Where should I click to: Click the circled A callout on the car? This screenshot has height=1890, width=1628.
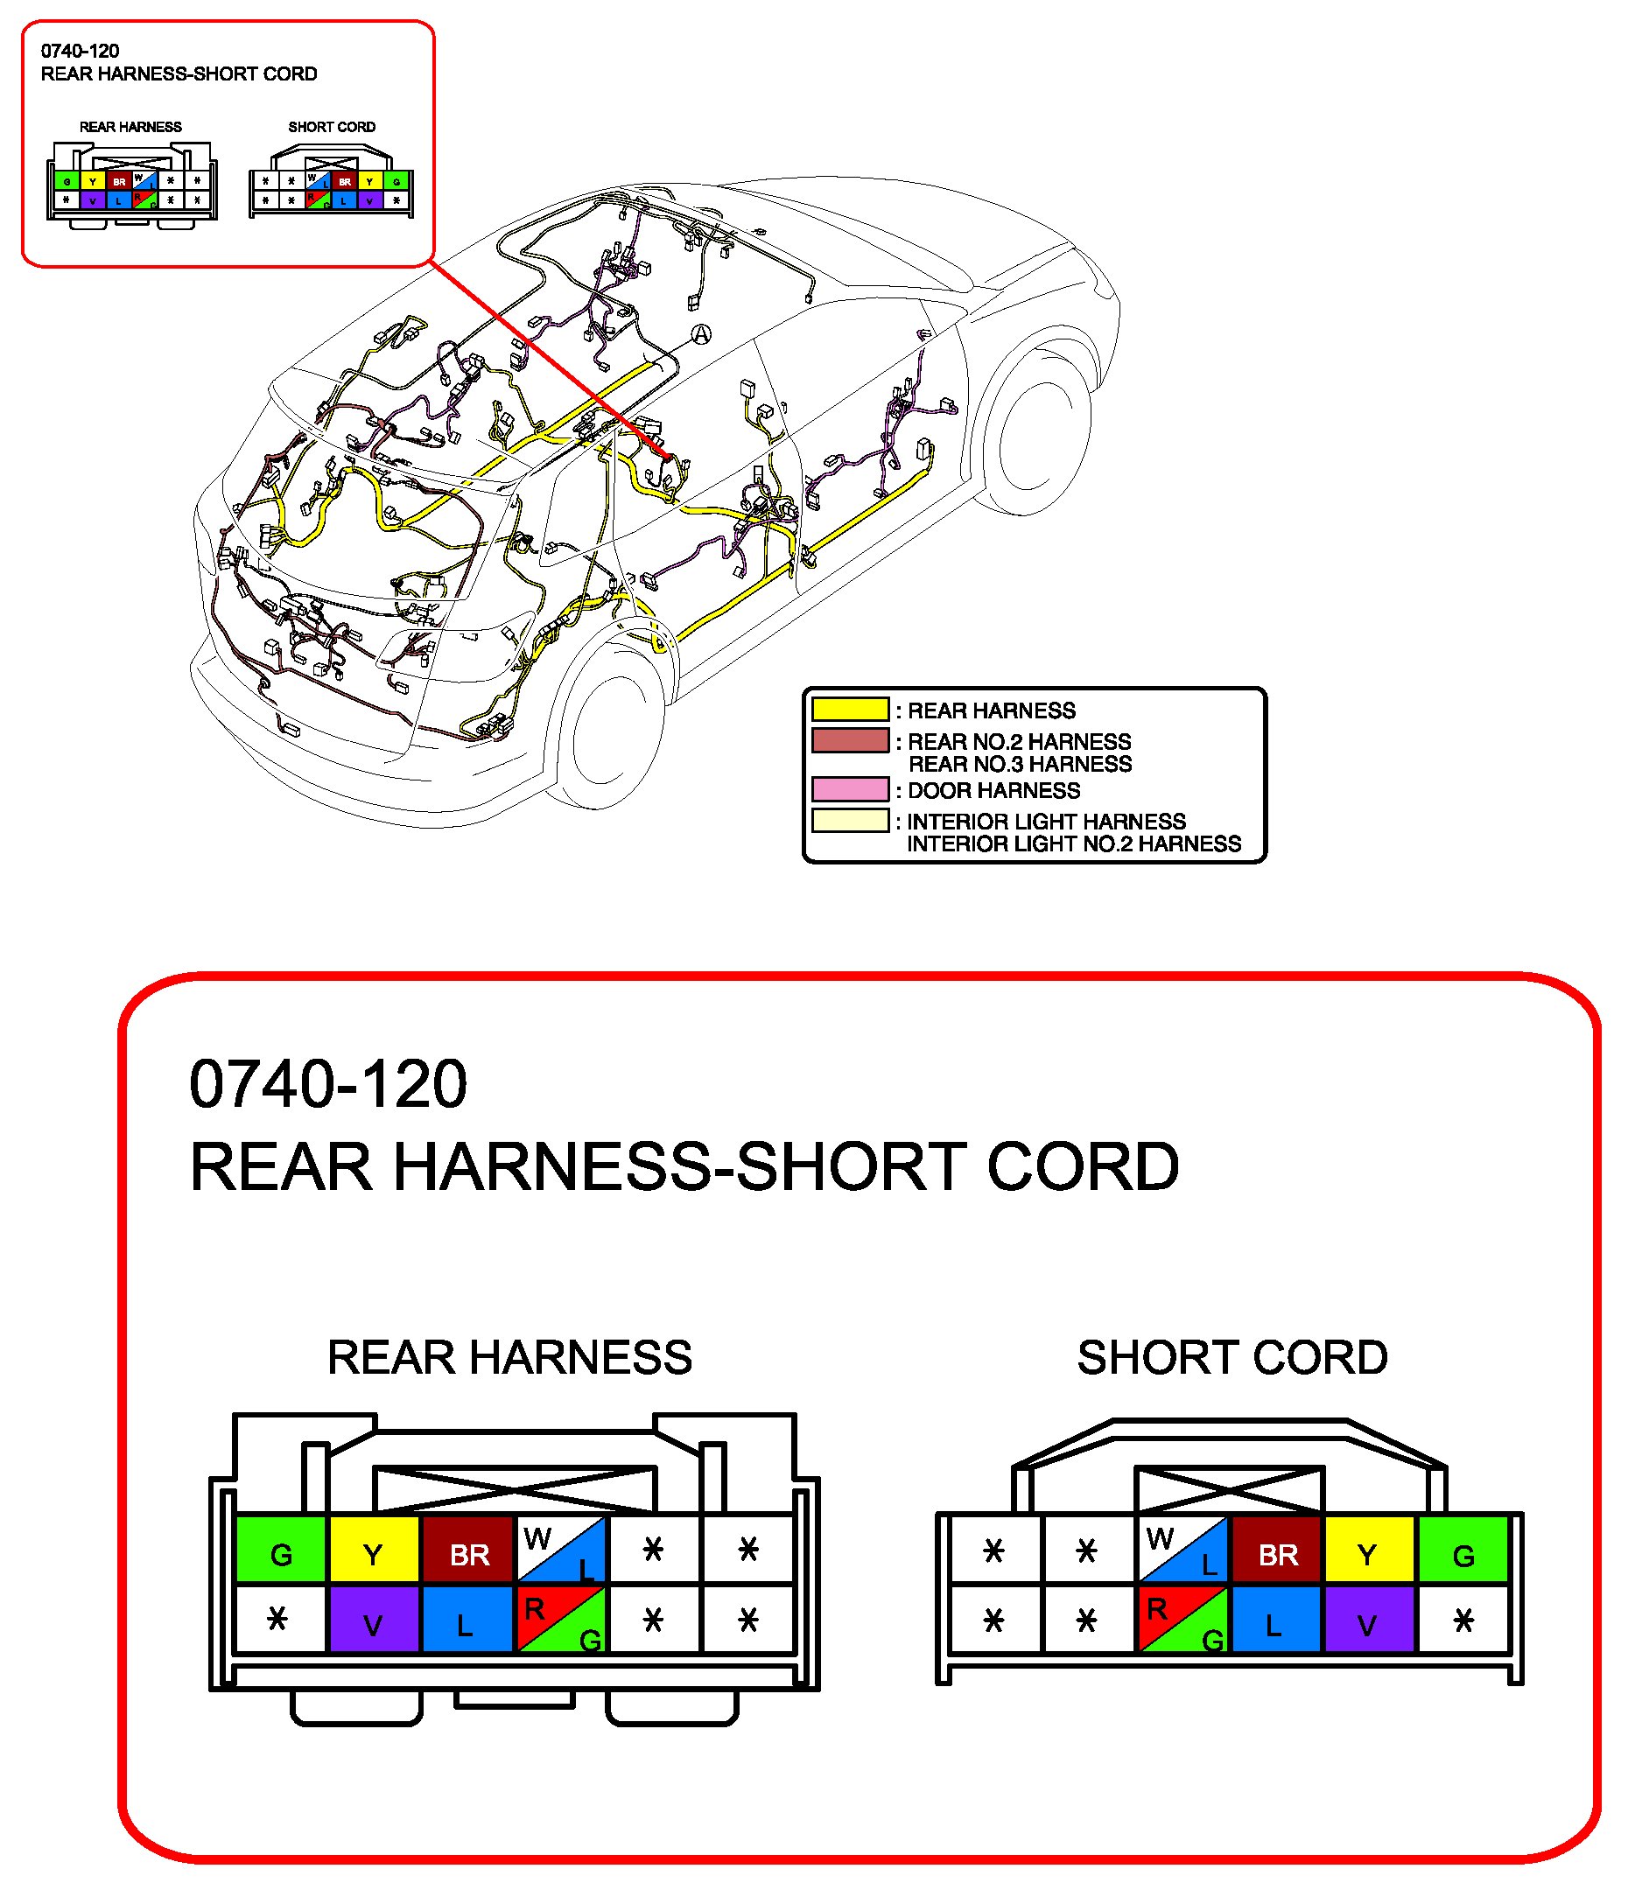tap(700, 335)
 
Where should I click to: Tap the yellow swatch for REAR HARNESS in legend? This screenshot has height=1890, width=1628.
tap(850, 710)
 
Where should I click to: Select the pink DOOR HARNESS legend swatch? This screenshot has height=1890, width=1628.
tap(850, 789)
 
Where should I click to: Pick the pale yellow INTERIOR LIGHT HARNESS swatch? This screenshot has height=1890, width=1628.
tap(850, 821)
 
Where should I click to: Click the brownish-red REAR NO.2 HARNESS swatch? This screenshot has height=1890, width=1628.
tap(850, 740)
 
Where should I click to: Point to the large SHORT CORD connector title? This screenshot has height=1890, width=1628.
tap(1232, 1357)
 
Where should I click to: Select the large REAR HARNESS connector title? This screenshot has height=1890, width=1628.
tap(509, 1357)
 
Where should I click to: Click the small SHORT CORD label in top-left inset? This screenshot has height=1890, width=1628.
tap(331, 127)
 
